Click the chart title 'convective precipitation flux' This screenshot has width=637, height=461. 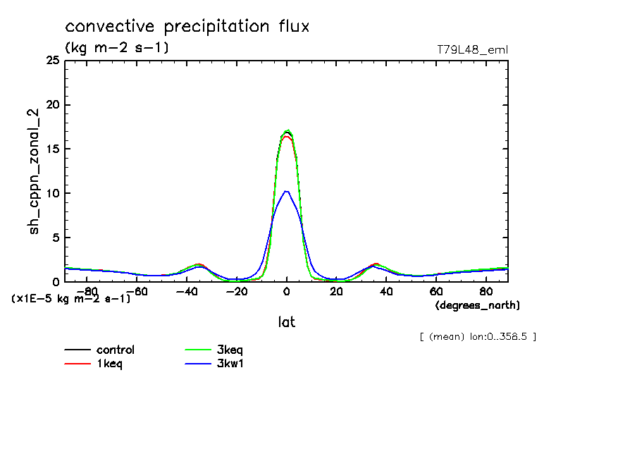pos(187,27)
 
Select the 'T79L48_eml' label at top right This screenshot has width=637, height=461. pos(472,49)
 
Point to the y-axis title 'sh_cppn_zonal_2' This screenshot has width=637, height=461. pos(35,171)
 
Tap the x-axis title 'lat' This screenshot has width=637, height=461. pos(286,322)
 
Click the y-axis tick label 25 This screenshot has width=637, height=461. pos(52,61)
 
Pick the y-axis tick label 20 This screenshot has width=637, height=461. pos(52,105)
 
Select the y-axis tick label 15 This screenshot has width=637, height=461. pos(52,149)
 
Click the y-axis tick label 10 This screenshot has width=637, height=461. pos(52,193)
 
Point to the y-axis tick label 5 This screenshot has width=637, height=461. pos(56,238)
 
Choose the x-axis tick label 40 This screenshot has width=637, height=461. pos(386,291)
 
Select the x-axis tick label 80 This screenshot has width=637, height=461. pos(486,291)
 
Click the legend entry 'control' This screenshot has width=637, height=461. pos(116,350)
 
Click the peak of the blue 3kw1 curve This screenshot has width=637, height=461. pos(286,191)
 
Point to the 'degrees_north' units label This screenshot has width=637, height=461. pos(478,305)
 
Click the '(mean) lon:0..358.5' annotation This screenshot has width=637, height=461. pos(478,337)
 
